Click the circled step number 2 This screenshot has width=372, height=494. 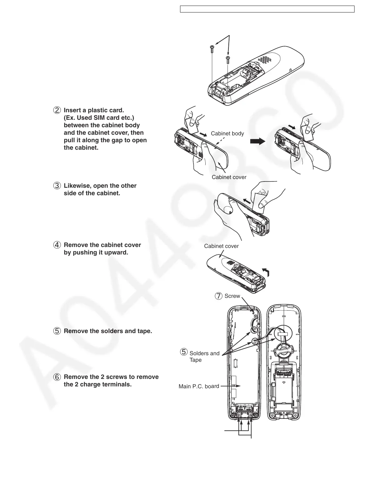57,110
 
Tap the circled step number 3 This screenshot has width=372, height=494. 57,186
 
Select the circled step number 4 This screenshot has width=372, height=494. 57,245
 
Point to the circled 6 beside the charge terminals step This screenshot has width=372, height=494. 57,377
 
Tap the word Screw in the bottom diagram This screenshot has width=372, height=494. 232,296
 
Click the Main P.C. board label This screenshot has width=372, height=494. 199,386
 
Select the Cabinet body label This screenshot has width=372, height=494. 227,133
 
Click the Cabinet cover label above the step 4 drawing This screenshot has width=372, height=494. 221,246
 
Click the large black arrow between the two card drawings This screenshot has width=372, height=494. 258,141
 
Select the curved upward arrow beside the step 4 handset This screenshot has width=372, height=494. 266,272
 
